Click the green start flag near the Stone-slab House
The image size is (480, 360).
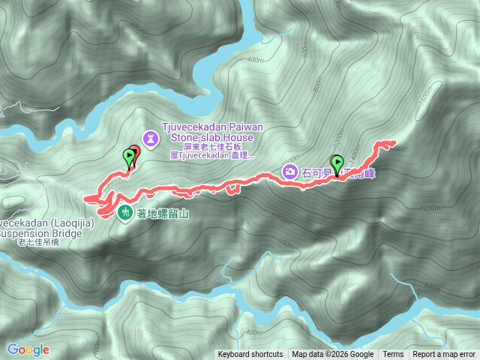tap(129, 156)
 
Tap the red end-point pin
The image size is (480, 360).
tap(135, 152)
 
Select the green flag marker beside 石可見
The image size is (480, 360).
tap(337, 162)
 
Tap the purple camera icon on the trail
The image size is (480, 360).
tap(289, 172)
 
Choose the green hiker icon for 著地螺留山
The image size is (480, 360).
tap(124, 211)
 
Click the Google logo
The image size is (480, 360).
tap(28, 349)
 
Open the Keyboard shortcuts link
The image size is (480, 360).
tap(250, 355)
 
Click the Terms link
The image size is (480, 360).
tap(393, 355)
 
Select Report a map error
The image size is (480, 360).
tap(444, 355)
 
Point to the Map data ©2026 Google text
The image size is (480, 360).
tap(332, 355)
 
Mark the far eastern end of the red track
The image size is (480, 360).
tap(394, 142)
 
